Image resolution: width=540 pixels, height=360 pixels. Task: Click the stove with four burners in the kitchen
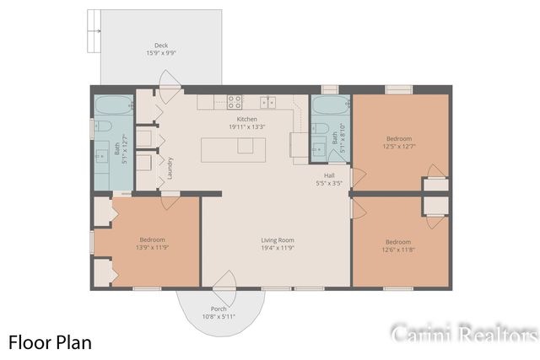(235, 102)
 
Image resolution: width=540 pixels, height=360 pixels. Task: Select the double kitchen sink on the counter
(268, 102)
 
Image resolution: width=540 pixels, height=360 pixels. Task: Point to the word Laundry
(170, 168)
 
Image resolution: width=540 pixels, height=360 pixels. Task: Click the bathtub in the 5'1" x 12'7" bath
(112, 106)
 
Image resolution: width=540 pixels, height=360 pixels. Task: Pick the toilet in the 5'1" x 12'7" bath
(103, 126)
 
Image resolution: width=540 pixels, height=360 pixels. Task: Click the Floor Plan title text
(50, 341)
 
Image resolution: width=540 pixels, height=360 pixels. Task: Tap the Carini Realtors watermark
(464, 334)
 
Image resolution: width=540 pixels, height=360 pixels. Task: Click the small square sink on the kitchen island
(245, 146)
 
